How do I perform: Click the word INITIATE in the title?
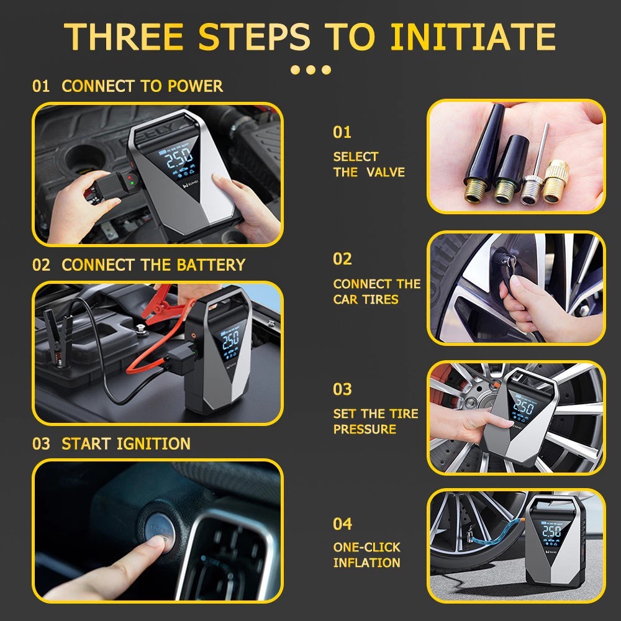click(x=473, y=37)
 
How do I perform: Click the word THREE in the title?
click(x=124, y=37)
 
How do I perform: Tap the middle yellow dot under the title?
click(x=311, y=70)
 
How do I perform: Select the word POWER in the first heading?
click(x=195, y=86)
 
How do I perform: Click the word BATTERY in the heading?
click(x=211, y=265)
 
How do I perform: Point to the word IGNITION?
click(x=153, y=443)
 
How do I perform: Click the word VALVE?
click(x=386, y=172)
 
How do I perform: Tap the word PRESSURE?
click(x=365, y=429)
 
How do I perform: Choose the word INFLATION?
click(x=367, y=563)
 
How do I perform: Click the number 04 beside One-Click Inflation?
click(x=342, y=524)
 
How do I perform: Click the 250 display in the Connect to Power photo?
click(x=179, y=158)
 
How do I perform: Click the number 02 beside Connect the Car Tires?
click(x=342, y=259)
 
